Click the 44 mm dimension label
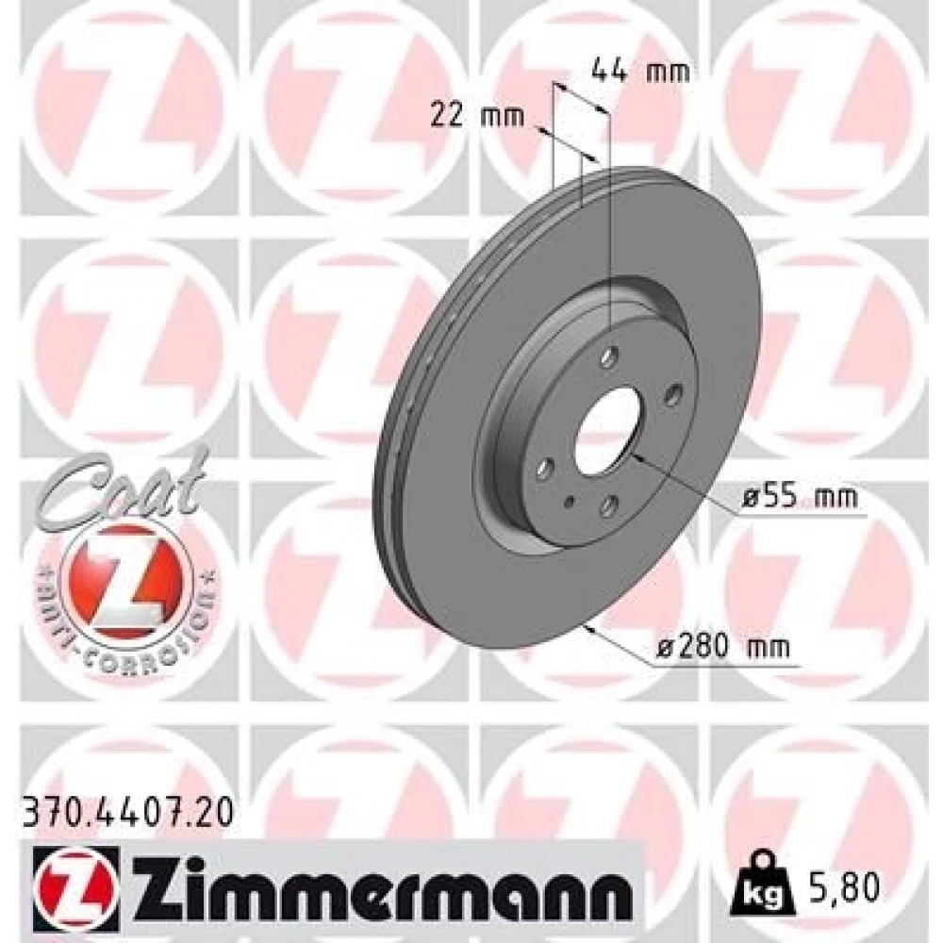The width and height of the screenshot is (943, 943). coord(640,72)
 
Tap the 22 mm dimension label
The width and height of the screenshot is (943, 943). coord(477,115)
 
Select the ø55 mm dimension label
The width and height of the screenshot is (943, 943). coord(800,497)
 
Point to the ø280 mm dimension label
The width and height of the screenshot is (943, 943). coord(722,648)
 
